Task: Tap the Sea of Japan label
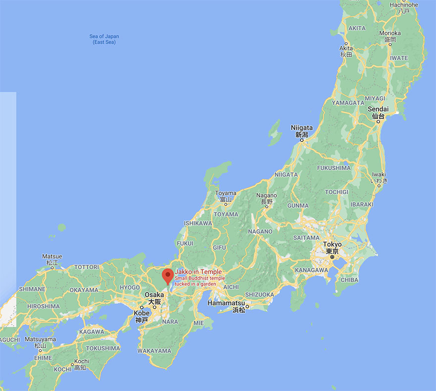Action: click(x=104, y=39)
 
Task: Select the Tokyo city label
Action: click(x=332, y=245)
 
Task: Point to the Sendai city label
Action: click(x=378, y=109)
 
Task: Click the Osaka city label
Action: click(x=154, y=295)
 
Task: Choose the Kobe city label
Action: click(x=141, y=313)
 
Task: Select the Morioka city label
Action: click(x=389, y=33)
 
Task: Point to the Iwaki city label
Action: click(x=380, y=175)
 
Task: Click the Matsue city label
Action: click(x=52, y=257)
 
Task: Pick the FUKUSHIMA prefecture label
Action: click(x=333, y=168)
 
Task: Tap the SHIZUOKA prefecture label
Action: click(x=259, y=295)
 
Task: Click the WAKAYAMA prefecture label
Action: click(x=154, y=351)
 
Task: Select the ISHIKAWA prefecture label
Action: click(x=198, y=223)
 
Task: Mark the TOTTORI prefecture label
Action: click(x=86, y=267)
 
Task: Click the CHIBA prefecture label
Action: click(x=350, y=280)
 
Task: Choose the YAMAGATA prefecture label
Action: click(x=347, y=103)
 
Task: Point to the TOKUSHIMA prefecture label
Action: click(x=103, y=348)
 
